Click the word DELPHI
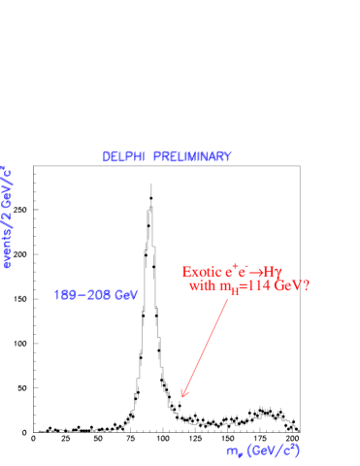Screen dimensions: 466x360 pyautogui.click(x=123, y=157)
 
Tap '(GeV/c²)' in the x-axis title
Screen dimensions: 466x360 pyautogui.click(x=274, y=450)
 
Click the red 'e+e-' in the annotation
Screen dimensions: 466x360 pyautogui.click(x=238, y=271)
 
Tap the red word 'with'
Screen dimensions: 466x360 pyautogui.click(x=202, y=286)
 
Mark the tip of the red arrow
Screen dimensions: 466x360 pyautogui.click(x=182, y=396)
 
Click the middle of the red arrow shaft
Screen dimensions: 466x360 pyautogui.click(x=206, y=347)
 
